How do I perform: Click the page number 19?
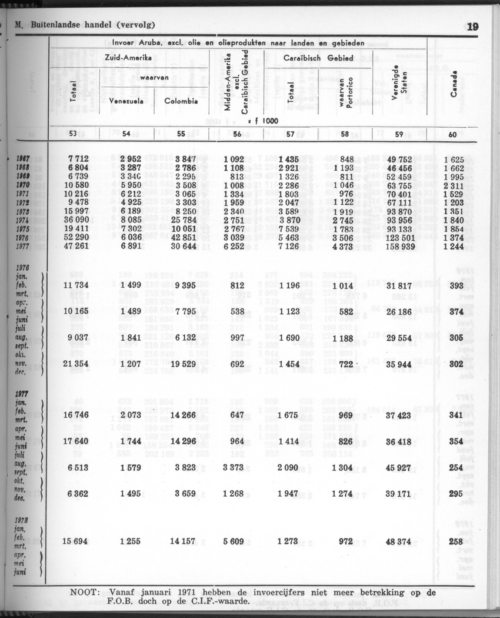[x=473, y=26]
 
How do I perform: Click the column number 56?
[x=237, y=134]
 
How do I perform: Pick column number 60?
[x=452, y=134]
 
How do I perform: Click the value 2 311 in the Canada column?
[x=454, y=184]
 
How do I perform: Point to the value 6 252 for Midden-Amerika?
[x=238, y=245]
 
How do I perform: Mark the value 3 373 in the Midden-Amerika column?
[x=238, y=467]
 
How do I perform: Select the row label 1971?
[x=23, y=193]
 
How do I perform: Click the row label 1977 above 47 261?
[x=23, y=246]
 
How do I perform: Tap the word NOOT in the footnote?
[x=85, y=592]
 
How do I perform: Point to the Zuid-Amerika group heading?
[x=128, y=58]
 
